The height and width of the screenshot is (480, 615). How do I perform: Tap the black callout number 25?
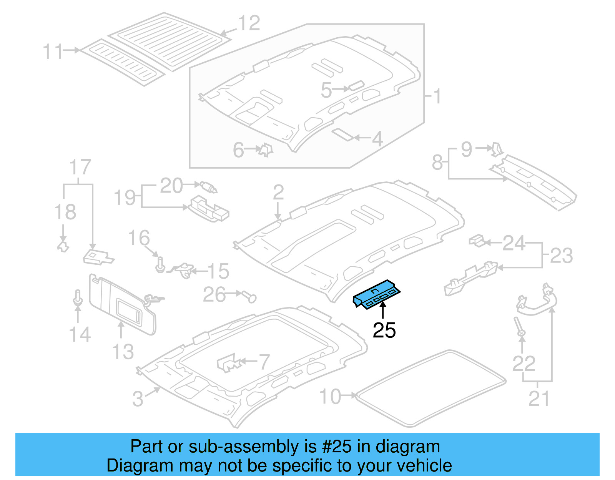384,330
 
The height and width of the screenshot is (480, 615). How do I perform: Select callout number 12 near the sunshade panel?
249,23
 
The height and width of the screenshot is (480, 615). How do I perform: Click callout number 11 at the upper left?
53,51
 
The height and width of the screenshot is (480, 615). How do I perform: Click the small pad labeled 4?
342,135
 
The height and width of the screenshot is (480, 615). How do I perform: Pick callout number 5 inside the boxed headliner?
326,91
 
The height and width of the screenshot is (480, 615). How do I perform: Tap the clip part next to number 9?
497,149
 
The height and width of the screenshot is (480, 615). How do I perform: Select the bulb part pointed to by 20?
208,187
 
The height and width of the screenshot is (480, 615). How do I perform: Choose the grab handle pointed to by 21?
536,304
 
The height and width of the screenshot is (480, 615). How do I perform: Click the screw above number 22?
519,327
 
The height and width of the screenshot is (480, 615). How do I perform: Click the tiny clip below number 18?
63,246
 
